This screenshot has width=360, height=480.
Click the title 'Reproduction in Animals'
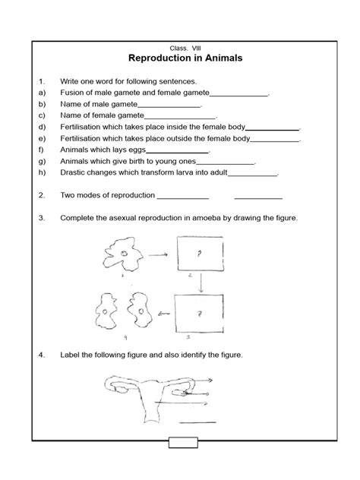click(x=181, y=58)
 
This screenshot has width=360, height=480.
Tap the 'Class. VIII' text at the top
click(x=181, y=46)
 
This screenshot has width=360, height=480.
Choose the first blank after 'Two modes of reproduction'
click(x=178, y=197)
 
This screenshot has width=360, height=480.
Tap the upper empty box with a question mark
click(x=200, y=254)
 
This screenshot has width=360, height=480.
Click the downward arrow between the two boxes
click(x=201, y=283)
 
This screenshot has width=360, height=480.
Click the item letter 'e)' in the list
click(x=42, y=140)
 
